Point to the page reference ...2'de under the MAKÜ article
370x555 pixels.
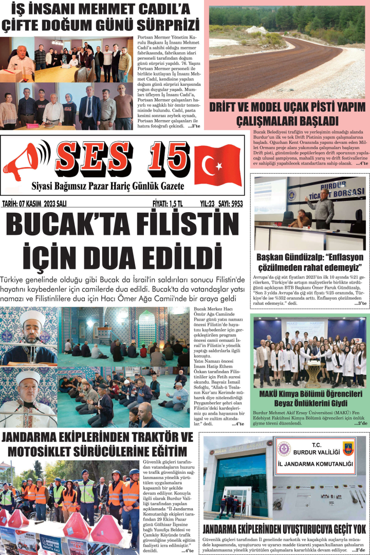pyautogui.click(x=360, y=424)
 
